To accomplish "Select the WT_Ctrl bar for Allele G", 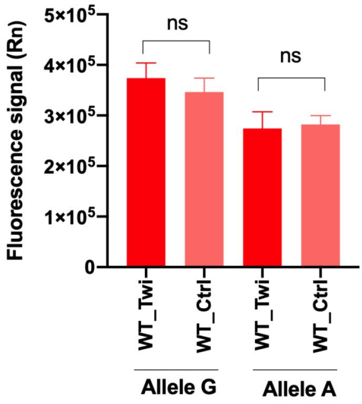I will click(x=204, y=179).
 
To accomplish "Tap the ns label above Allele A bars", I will click(x=290, y=57).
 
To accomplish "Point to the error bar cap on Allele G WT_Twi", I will click(x=146, y=63).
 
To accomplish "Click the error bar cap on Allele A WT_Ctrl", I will click(x=320, y=116).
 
